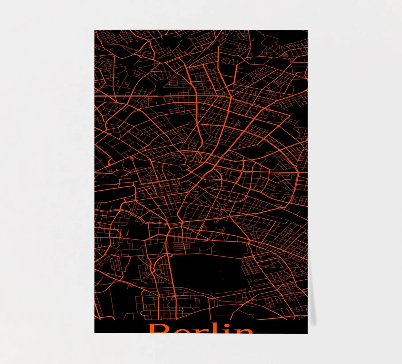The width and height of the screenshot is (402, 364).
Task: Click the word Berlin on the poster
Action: point(200,329)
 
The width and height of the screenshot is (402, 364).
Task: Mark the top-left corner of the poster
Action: point(95,30)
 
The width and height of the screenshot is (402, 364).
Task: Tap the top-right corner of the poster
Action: point(308,30)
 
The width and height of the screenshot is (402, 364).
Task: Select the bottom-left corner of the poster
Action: point(95,333)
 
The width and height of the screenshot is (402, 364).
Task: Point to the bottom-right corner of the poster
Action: point(308,333)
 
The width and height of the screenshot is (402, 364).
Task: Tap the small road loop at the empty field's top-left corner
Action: point(169,255)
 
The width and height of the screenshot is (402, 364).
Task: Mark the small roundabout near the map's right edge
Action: point(295,166)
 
